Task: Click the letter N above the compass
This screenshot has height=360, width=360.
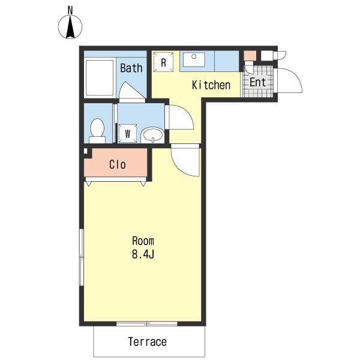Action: point(70,10)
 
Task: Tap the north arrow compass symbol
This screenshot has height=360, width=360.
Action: point(70,27)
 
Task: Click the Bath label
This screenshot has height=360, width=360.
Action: point(131,68)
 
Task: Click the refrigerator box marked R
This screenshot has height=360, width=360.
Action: point(163,62)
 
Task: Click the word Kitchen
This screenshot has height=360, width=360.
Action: point(211,85)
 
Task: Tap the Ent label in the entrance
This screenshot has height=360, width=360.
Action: point(257,82)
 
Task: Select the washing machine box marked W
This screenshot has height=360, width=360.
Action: point(128,133)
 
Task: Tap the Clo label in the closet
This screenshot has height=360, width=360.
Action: point(117,164)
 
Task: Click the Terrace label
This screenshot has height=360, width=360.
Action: point(147,342)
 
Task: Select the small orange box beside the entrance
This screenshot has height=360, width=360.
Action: point(250,56)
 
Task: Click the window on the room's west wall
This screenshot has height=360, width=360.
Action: point(81,257)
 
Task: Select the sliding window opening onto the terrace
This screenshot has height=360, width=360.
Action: point(147,323)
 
